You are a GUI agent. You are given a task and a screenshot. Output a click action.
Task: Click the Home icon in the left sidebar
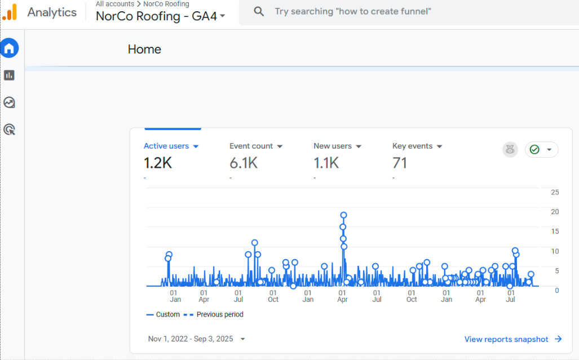9,48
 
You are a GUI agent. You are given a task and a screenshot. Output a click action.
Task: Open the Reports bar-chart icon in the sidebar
9,75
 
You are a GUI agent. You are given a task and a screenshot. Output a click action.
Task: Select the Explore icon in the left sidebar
9,103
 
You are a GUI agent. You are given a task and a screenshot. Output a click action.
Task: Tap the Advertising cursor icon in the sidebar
9,130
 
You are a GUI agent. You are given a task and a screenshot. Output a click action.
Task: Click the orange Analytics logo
10,12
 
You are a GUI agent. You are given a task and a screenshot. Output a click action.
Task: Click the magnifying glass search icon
259,11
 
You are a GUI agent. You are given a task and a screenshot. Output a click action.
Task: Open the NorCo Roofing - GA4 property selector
160,16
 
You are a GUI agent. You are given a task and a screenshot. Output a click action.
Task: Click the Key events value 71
400,163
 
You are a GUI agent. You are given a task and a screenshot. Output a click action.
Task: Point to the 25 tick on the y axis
555,192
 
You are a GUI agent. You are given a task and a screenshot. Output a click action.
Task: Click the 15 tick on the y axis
555,232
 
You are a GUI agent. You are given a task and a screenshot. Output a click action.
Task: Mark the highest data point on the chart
343,215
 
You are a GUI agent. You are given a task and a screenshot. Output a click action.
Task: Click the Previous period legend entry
214,314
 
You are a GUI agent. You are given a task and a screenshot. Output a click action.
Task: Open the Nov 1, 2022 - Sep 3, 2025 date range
196,339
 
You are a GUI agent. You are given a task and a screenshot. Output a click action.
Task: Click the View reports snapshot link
513,339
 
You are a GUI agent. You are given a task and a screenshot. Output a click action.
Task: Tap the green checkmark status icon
534,149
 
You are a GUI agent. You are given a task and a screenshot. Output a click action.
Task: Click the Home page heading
144,50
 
